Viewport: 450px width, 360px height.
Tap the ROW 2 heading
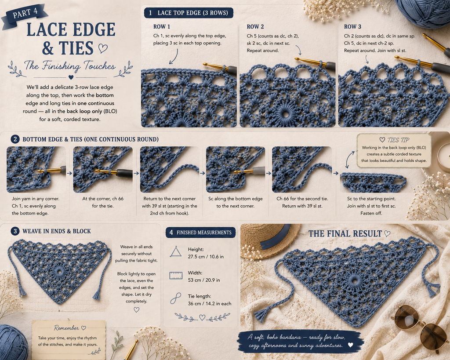pyautogui.click(x=255, y=27)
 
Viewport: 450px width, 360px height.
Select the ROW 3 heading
pyautogui.click(x=352, y=27)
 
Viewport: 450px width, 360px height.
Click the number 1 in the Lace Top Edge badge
pyautogui.click(x=150, y=13)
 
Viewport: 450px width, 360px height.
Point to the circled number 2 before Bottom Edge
pyautogui.click(x=15, y=139)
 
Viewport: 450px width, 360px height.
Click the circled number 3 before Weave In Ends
pyautogui.click(x=15, y=231)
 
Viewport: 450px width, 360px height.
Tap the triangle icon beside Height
pyautogui.click(x=176, y=252)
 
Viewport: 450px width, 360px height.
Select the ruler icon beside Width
pyautogui.click(x=176, y=275)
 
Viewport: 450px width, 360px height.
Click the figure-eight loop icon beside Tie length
pyautogui.click(x=175, y=298)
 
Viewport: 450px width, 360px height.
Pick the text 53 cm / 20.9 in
pyautogui.click(x=204, y=280)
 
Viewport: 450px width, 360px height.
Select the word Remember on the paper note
pyautogui.click(x=66, y=328)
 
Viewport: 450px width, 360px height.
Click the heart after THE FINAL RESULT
pyautogui.click(x=387, y=233)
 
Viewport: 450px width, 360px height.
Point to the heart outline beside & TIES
pyautogui.click(x=103, y=48)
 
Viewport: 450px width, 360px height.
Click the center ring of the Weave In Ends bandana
pyautogui.click(x=59, y=271)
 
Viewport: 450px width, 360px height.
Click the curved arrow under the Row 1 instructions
pyautogui.click(x=174, y=57)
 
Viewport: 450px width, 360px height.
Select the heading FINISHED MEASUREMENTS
pyautogui.click(x=204, y=233)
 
